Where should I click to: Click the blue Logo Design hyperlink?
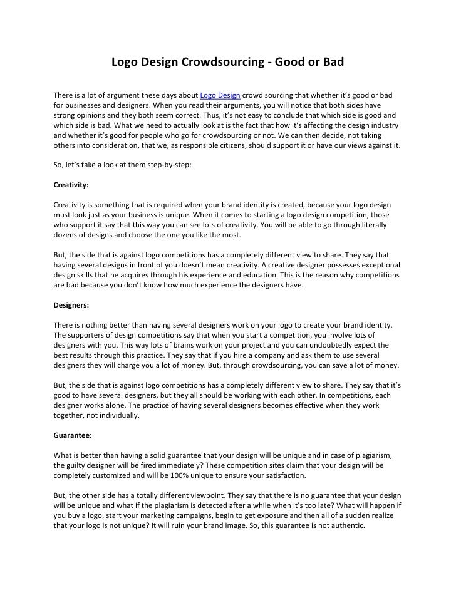tap(220, 95)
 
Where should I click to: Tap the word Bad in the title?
tap(333, 63)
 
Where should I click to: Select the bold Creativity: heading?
tap(71, 185)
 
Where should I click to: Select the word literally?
tap(370, 225)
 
